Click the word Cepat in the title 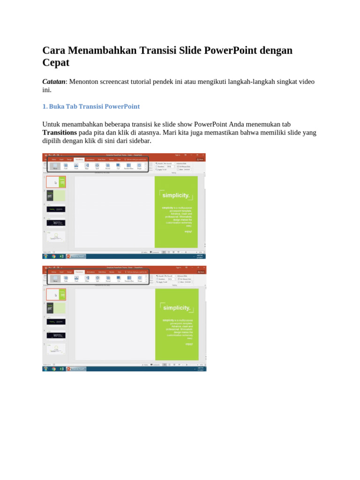pos(56,63)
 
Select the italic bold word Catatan pos(53,82)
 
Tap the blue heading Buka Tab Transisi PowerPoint pos(91,106)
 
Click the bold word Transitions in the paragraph pos(60,133)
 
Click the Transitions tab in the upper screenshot pos(79,159)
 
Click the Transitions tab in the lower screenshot pos(79,272)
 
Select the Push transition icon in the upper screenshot pos(76,165)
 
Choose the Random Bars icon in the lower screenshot pos(129,278)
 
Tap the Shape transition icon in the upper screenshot pos(139,165)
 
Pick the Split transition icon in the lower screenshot pos(97,278)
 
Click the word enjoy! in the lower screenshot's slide pos(188,344)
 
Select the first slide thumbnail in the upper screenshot pos(56,182)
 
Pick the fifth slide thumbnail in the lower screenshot pos(56,349)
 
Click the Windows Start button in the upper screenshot pos(46,256)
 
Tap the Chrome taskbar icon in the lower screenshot pos(54,369)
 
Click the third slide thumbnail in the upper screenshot pos(56,209)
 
